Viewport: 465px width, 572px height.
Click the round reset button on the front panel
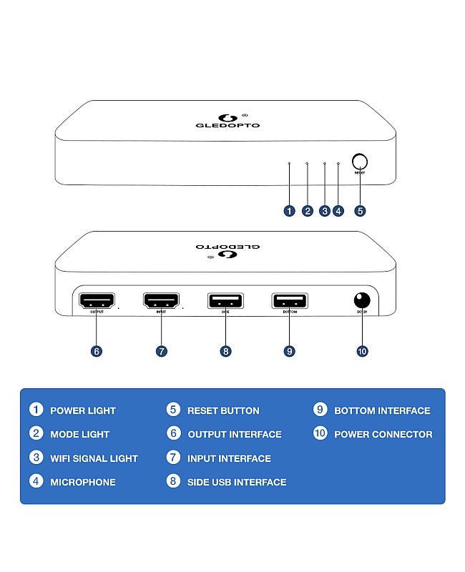[x=360, y=162]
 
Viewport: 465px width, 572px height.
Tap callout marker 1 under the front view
[x=289, y=211]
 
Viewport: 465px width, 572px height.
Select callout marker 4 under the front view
[x=338, y=211]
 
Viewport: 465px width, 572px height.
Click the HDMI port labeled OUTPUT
[x=97, y=301]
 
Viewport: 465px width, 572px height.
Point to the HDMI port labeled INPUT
[x=161, y=301]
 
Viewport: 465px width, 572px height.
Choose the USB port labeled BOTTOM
[x=289, y=301]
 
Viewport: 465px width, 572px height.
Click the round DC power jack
[x=362, y=300]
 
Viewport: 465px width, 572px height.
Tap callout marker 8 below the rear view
[x=226, y=351]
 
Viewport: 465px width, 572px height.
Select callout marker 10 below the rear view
[x=362, y=351]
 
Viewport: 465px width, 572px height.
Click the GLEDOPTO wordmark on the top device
[x=227, y=125]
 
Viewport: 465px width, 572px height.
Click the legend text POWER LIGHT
[x=82, y=410]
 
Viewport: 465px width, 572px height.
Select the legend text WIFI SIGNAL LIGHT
[x=94, y=458]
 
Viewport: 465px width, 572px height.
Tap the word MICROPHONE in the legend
[x=82, y=482]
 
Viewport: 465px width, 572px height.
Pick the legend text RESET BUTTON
[x=223, y=410]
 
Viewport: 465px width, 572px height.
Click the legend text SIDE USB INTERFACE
[x=237, y=482]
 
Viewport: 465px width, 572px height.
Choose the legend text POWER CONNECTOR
[x=383, y=434]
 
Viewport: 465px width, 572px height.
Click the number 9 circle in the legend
[x=320, y=410]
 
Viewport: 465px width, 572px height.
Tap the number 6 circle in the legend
[x=173, y=433]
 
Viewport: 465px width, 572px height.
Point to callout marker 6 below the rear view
[x=97, y=351]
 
